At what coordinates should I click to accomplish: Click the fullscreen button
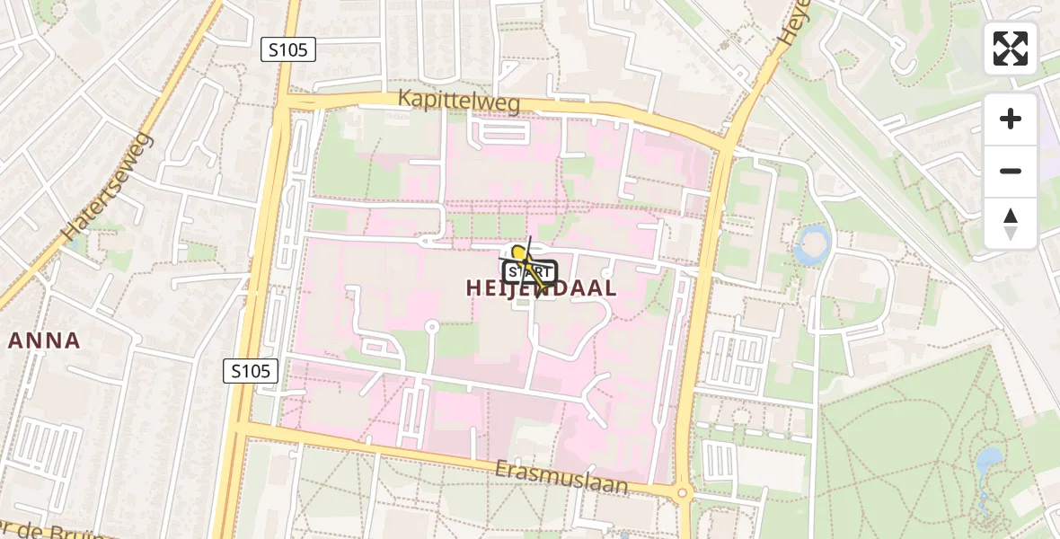click(x=1011, y=49)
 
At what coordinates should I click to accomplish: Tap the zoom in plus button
click(x=1011, y=119)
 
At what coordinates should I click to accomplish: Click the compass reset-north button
click(x=1011, y=223)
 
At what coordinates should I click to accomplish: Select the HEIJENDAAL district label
click(x=542, y=288)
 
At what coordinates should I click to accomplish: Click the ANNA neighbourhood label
click(x=45, y=340)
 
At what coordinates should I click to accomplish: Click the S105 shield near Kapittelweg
click(x=288, y=49)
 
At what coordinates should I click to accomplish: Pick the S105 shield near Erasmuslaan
click(x=251, y=370)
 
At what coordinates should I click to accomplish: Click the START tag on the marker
click(x=530, y=272)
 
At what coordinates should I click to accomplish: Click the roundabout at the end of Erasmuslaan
click(x=682, y=492)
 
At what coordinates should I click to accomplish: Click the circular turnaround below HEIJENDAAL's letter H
click(x=432, y=327)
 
